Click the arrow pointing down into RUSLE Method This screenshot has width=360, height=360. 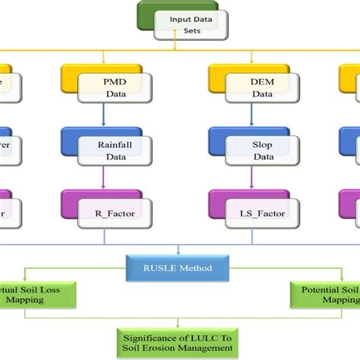(179, 248)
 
